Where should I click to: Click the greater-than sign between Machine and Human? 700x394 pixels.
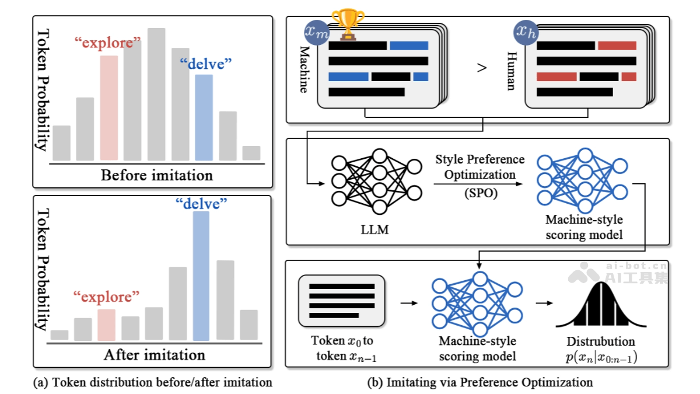click(481, 68)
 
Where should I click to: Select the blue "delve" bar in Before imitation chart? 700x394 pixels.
click(204, 117)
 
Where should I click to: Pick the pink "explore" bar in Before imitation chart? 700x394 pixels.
click(108, 107)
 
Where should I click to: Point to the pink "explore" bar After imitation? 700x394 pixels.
click(106, 325)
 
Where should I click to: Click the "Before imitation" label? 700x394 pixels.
click(157, 175)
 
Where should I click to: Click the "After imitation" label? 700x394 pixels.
click(155, 355)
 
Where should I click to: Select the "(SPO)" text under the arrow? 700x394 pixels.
click(480, 193)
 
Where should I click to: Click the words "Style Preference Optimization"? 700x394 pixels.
click(480, 167)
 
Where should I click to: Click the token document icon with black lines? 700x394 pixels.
click(341, 301)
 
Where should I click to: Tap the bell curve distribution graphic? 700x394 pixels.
click(601, 305)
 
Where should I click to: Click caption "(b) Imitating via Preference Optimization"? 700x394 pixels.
click(480, 383)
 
